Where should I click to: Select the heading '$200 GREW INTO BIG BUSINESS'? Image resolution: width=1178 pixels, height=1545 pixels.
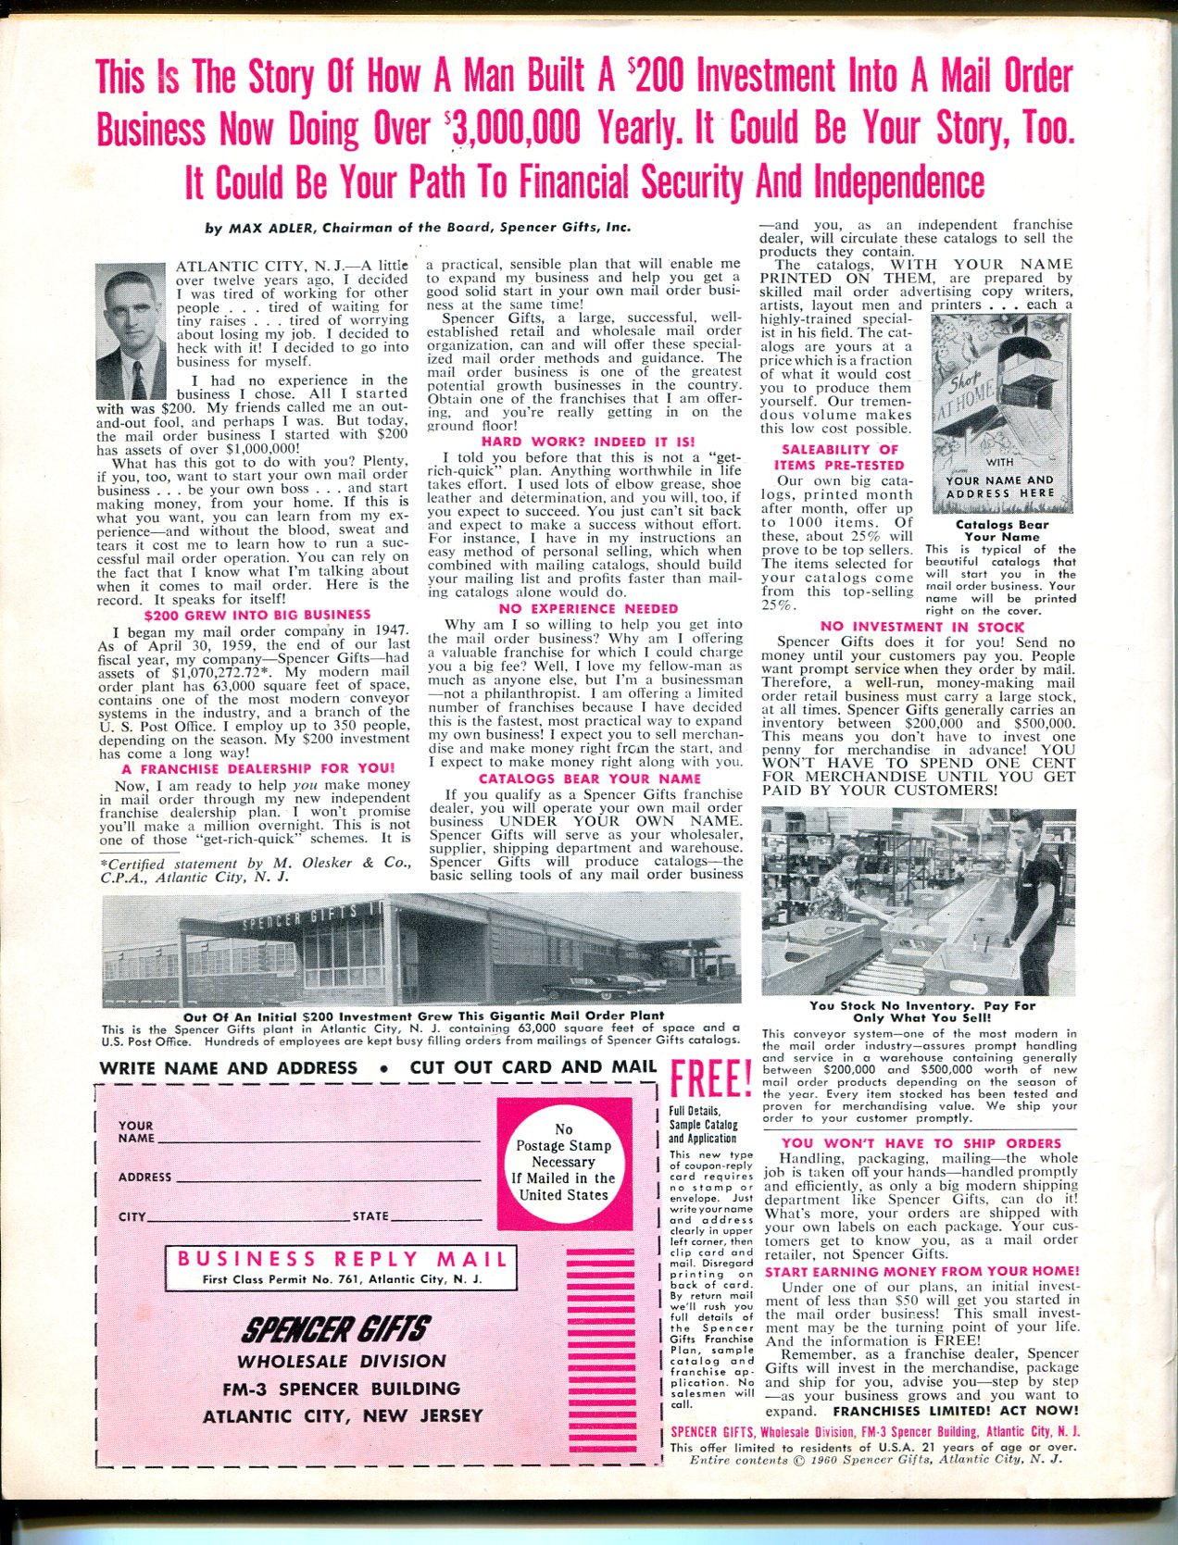(x=257, y=614)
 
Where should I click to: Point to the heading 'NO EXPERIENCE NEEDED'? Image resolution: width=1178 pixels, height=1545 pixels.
(x=588, y=608)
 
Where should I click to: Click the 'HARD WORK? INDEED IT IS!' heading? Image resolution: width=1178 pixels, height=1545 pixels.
(x=588, y=442)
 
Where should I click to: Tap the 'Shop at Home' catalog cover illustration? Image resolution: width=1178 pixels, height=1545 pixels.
(x=1000, y=412)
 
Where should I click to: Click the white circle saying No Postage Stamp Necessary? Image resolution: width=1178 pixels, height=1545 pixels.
(x=564, y=1162)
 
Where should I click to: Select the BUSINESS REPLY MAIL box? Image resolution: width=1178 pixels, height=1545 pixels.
(x=341, y=1267)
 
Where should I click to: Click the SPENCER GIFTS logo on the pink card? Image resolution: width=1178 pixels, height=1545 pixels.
(x=334, y=1330)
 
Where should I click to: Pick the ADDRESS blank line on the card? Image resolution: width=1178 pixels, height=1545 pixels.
(x=329, y=1179)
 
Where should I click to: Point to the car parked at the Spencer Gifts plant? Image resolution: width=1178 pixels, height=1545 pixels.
(x=574, y=982)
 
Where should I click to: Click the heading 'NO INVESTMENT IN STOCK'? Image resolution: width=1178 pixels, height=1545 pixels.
(x=921, y=627)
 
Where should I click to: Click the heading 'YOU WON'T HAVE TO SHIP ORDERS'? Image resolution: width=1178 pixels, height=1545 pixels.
(x=921, y=1143)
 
